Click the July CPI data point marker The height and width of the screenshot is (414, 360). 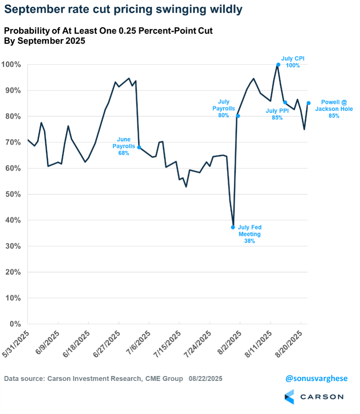coord(278,65)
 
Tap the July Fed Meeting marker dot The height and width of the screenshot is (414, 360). coord(233,227)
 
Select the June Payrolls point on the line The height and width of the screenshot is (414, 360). coord(139,148)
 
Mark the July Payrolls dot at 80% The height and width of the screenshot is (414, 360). coord(238,116)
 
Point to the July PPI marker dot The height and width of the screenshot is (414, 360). coord(285,102)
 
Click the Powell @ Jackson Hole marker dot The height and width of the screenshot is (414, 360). coord(308,103)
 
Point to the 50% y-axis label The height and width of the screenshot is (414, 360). coord(17,194)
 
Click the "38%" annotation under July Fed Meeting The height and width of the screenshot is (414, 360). coord(249,241)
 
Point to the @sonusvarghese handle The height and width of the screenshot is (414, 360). coord(316,379)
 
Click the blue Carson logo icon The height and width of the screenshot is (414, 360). coord(289,397)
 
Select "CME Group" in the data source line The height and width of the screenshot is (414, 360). coord(164,379)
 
